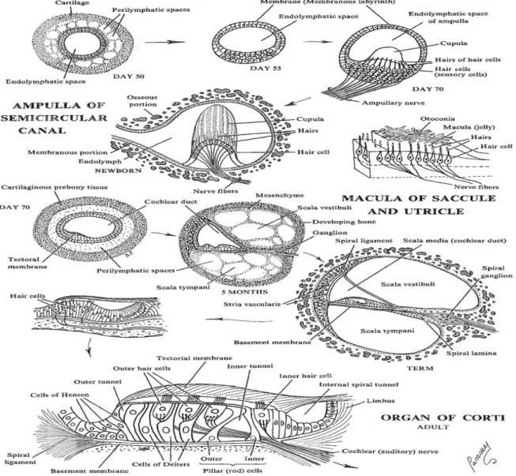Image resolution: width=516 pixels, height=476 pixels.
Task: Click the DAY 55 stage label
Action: pyautogui.click(x=266, y=69)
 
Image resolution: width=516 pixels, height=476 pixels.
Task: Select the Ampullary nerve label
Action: pyautogui.click(x=394, y=103)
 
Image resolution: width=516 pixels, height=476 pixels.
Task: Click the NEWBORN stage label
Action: pyautogui.click(x=119, y=171)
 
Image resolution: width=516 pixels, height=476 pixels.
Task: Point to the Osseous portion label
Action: pyautogui.click(x=142, y=101)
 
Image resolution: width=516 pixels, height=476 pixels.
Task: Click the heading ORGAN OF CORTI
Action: pyautogui.click(x=443, y=418)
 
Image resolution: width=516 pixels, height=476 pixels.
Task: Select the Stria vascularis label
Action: pyautogui.click(x=252, y=304)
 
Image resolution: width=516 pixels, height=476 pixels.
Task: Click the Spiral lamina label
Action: pyautogui.click(x=471, y=354)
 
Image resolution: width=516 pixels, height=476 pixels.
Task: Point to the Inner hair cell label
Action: pyautogui.click(x=305, y=376)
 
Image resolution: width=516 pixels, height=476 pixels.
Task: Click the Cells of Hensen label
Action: pyautogui.click(x=59, y=395)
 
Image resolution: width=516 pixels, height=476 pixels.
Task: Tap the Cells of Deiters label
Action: pyautogui.click(x=161, y=464)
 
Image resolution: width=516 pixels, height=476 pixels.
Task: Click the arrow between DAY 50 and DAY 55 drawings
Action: pyautogui.click(x=164, y=42)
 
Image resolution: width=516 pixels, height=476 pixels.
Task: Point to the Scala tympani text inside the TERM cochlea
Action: pyautogui.click(x=387, y=331)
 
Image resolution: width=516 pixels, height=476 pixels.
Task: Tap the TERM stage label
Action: pyautogui.click(x=420, y=368)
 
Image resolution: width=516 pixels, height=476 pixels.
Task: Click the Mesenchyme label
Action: pyautogui.click(x=280, y=195)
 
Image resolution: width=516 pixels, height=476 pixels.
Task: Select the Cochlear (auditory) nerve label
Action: pyautogui.click(x=390, y=452)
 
